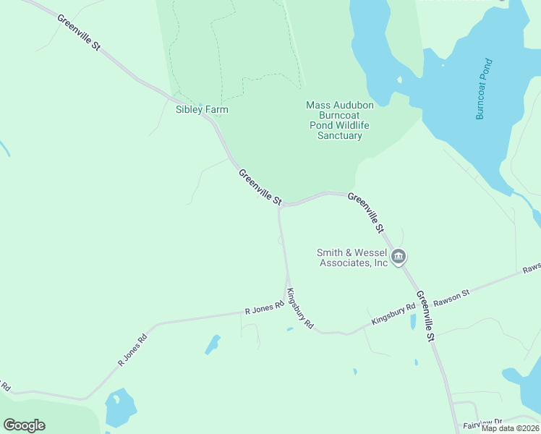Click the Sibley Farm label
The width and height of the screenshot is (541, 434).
pyautogui.click(x=202, y=110)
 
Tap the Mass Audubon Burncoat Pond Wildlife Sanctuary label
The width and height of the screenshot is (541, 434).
pyautogui.click(x=340, y=120)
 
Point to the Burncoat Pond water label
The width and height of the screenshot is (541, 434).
pyautogui.click(x=484, y=89)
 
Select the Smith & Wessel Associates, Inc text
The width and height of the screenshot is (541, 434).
pyautogui.click(x=353, y=258)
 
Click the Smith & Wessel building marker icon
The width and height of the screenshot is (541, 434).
pyautogui.click(x=399, y=257)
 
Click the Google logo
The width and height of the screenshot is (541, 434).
pyautogui.click(x=24, y=425)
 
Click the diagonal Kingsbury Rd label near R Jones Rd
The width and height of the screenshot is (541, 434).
pyautogui.click(x=299, y=310)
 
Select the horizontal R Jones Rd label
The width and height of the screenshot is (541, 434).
pyautogui.click(x=264, y=309)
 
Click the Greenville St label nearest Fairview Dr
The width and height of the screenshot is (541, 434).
pyautogui.click(x=425, y=316)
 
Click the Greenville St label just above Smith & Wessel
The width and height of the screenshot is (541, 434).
pyautogui.click(x=366, y=213)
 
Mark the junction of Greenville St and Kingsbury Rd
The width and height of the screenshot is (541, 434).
pyautogui.click(x=281, y=205)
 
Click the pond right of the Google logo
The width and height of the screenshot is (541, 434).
pyautogui.click(x=120, y=408)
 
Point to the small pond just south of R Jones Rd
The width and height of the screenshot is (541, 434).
pyautogui.click(x=212, y=344)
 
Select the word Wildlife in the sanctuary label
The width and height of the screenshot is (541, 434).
pyautogui.click(x=351, y=125)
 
